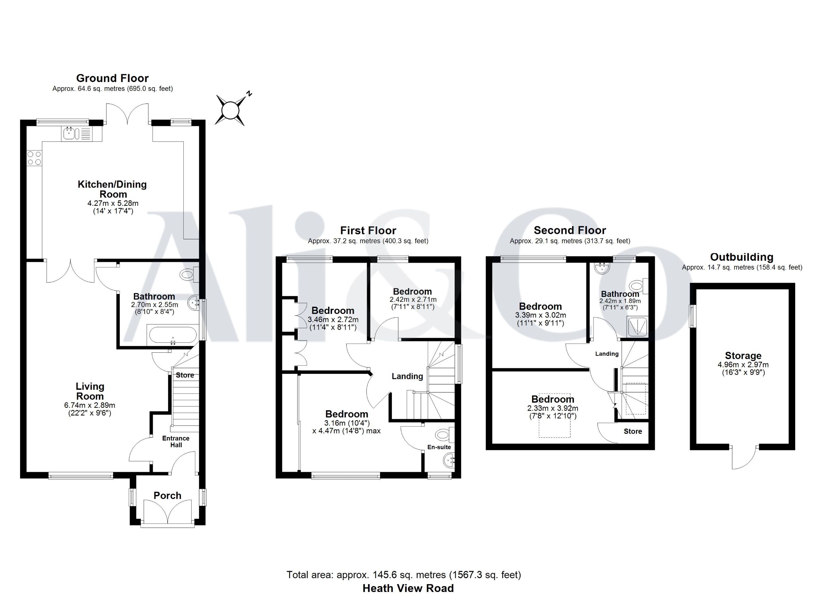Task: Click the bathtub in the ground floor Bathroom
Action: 172,335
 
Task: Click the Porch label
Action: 167,495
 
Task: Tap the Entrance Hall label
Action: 176,441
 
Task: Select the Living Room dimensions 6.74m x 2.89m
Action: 90,405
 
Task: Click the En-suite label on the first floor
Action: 439,447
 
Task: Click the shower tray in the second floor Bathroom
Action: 638,327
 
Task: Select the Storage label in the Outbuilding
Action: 743,356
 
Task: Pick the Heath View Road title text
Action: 408,588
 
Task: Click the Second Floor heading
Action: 570,230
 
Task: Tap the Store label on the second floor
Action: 633,431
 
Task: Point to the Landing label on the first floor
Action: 407,376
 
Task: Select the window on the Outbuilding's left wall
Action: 692,316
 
